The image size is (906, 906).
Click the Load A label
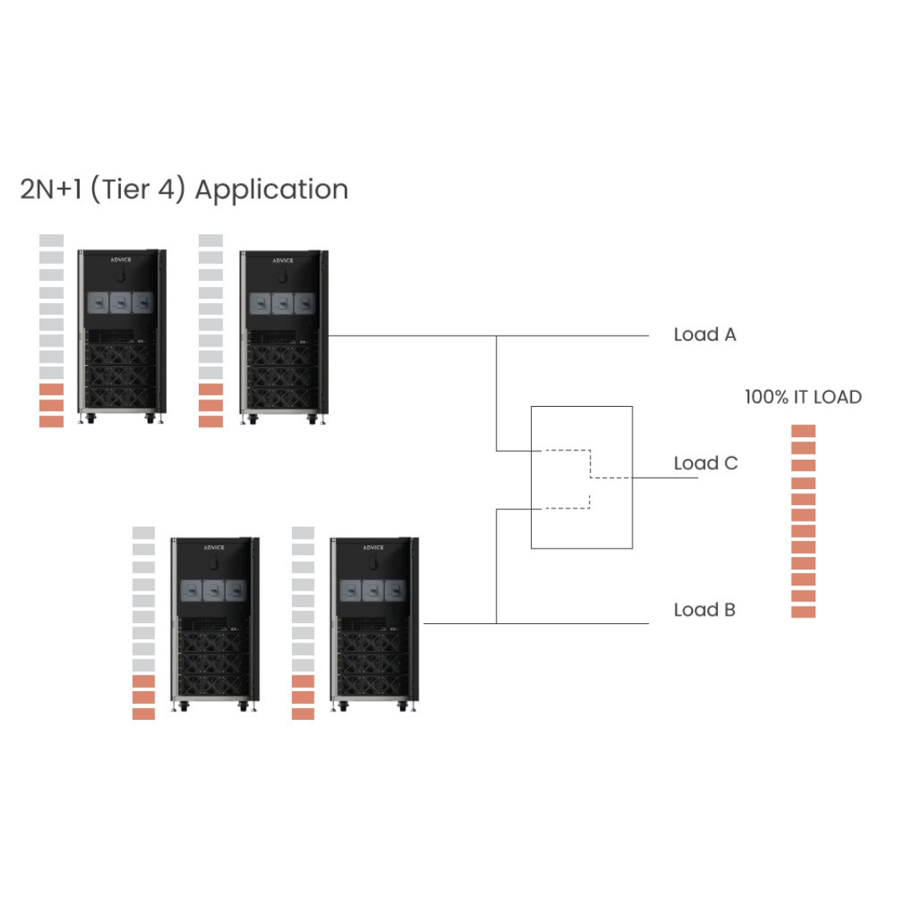[x=705, y=335]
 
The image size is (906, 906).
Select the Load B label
[x=705, y=610]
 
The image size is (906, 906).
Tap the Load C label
[x=706, y=463]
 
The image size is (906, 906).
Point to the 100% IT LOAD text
[x=803, y=397]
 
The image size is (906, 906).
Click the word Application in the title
[x=271, y=190]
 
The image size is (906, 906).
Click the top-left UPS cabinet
[x=121, y=336]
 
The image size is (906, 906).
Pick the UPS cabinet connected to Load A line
[x=283, y=336]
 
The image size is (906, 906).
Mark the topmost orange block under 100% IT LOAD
[x=804, y=431]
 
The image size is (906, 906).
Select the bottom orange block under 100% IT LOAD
[x=804, y=612]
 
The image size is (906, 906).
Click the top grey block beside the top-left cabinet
[x=51, y=241]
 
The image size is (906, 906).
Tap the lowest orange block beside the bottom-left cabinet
[x=143, y=714]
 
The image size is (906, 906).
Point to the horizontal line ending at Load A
[x=570, y=336]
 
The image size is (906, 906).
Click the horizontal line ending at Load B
[x=570, y=623]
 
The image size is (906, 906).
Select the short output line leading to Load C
[x=664, y=478]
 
